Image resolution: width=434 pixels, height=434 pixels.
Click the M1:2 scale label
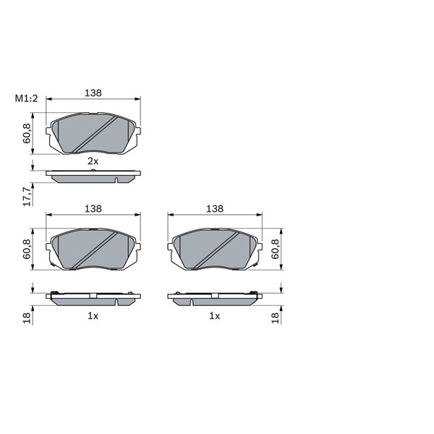pos(26,98)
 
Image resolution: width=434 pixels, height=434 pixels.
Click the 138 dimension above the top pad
pos(93,93)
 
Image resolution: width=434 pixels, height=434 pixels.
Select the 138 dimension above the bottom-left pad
pos(93,209)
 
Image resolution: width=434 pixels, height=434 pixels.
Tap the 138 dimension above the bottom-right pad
pos(215,209)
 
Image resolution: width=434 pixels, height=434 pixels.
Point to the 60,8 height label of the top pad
pos(27,133)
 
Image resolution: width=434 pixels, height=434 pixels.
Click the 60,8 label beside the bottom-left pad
pos(27,249)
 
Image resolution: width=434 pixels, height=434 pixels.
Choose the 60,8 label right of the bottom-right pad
pos(276,249)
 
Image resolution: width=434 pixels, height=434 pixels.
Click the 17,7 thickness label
pos(27,197)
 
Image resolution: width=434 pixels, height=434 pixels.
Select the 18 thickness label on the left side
pos(27,318)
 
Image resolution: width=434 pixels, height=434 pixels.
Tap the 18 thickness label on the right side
pos(276,318)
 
